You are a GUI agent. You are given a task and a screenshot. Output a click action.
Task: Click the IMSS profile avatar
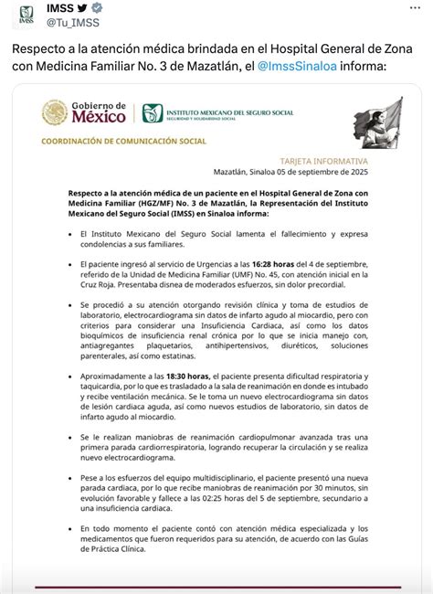click(x=25, y=16)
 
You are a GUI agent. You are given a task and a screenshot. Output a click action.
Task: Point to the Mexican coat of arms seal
click(x=54, y=113)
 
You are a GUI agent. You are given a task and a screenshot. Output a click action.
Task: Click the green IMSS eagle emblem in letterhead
click(x=151, y=113)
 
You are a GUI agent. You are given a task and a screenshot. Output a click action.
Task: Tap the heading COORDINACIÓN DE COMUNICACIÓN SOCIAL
click(x=124, y=142)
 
